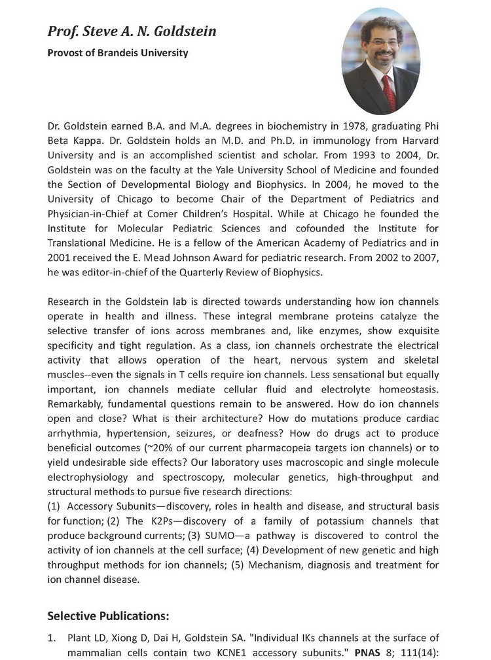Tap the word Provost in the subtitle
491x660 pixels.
coord(65,53)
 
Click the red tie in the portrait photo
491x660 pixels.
coord(388,91)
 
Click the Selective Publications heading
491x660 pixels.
coord(108,615)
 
